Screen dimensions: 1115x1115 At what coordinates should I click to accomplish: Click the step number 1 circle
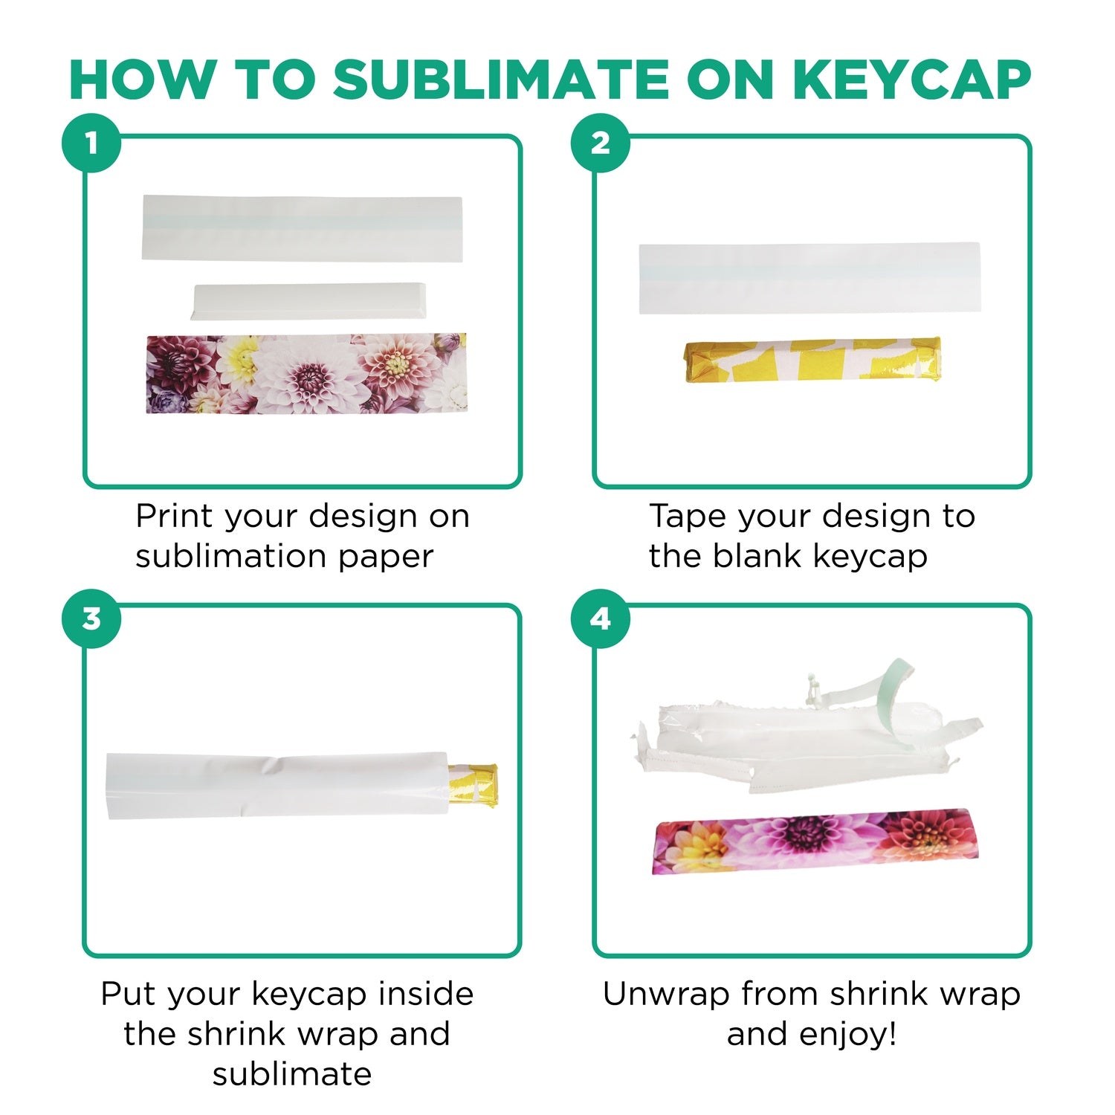[91, 143]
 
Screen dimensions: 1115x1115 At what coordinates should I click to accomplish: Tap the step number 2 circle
[601, 143]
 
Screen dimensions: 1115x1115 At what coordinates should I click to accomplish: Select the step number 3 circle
[91, 618]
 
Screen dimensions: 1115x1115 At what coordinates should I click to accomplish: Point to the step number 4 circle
[601, 618]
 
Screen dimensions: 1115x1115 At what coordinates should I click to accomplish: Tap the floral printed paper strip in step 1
[306, 373]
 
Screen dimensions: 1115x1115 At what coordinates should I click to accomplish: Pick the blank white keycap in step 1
[308, 301]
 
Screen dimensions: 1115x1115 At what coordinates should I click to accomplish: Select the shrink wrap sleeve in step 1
[302, 228]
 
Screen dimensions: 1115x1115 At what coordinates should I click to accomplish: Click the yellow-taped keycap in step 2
[812, 360]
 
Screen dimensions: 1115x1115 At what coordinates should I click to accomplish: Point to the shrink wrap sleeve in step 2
[809, 278]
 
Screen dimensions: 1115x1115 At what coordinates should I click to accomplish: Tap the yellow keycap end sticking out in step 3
[476, 785]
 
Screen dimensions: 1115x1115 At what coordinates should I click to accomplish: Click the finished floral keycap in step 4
[815, 840]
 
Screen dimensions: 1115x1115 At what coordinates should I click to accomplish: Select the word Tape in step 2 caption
[685, 516]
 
